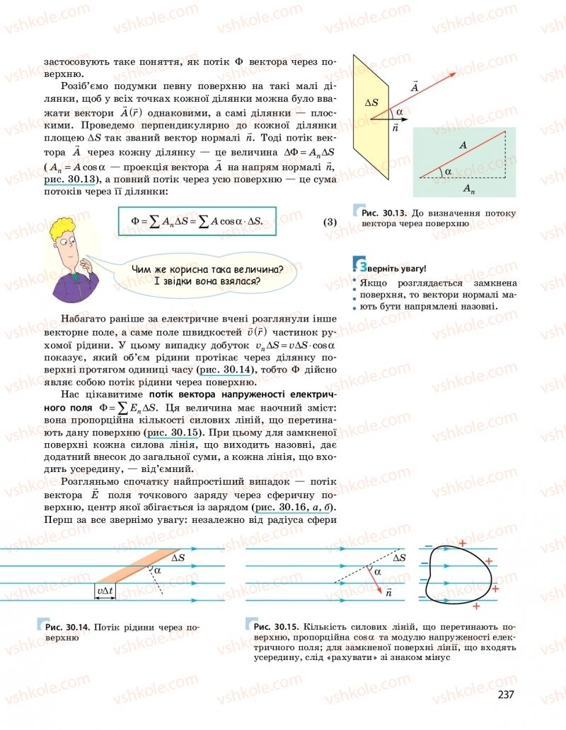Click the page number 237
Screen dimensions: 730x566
505,695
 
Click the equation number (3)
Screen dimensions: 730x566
330,222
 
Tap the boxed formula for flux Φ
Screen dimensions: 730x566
197,221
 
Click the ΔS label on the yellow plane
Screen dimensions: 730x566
371,102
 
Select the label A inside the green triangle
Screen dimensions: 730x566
463,145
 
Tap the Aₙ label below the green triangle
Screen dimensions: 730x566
468,188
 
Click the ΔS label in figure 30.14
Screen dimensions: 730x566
178,558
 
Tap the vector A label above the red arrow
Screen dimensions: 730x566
413,86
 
